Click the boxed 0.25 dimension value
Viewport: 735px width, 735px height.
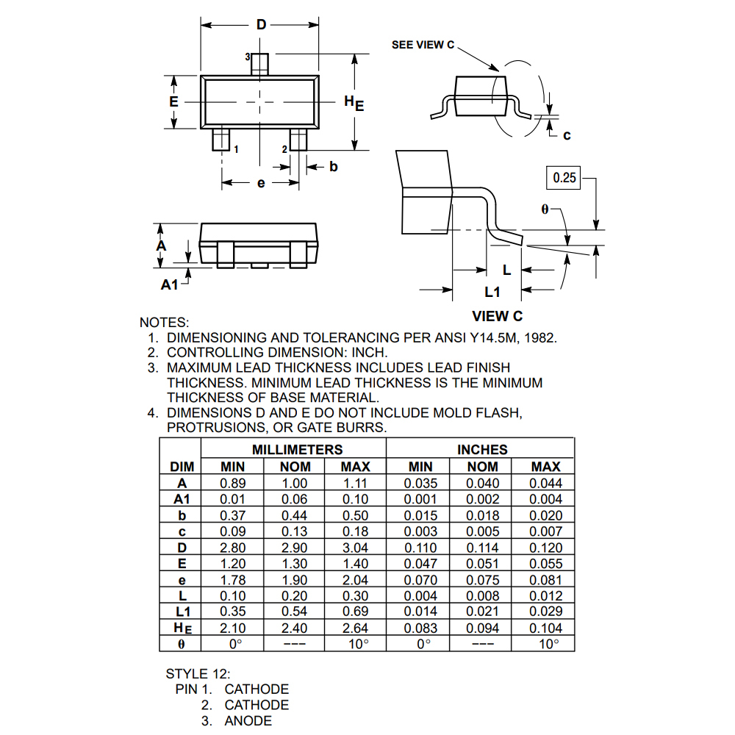(564, 178)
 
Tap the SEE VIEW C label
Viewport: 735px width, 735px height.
(423, 45)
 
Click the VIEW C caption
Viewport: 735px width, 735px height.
(497, 316)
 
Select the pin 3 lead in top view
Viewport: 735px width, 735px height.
(259, 64)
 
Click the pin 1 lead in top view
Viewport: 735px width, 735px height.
(220, 140)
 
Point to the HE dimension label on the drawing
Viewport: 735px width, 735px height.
(354, 103)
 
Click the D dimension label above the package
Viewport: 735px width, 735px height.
(261, 24)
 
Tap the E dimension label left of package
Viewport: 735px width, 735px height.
(173, 101)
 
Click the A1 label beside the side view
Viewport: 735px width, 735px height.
(169, 284)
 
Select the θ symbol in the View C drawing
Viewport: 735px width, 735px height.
(545, 209)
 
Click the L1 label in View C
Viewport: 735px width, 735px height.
(492, 292)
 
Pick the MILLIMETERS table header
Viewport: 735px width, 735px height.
(297, 450)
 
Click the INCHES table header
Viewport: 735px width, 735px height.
(482, 450)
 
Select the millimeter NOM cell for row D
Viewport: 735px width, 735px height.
(295, 548)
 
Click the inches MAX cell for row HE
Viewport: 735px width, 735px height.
(546, 628)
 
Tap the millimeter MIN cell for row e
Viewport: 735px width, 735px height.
(233, 580)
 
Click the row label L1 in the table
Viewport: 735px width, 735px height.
(183, 612)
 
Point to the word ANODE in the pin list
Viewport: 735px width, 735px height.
(248, 721)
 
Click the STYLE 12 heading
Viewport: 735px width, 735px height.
(198, 674)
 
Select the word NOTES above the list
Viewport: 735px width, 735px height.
(164, 323)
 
